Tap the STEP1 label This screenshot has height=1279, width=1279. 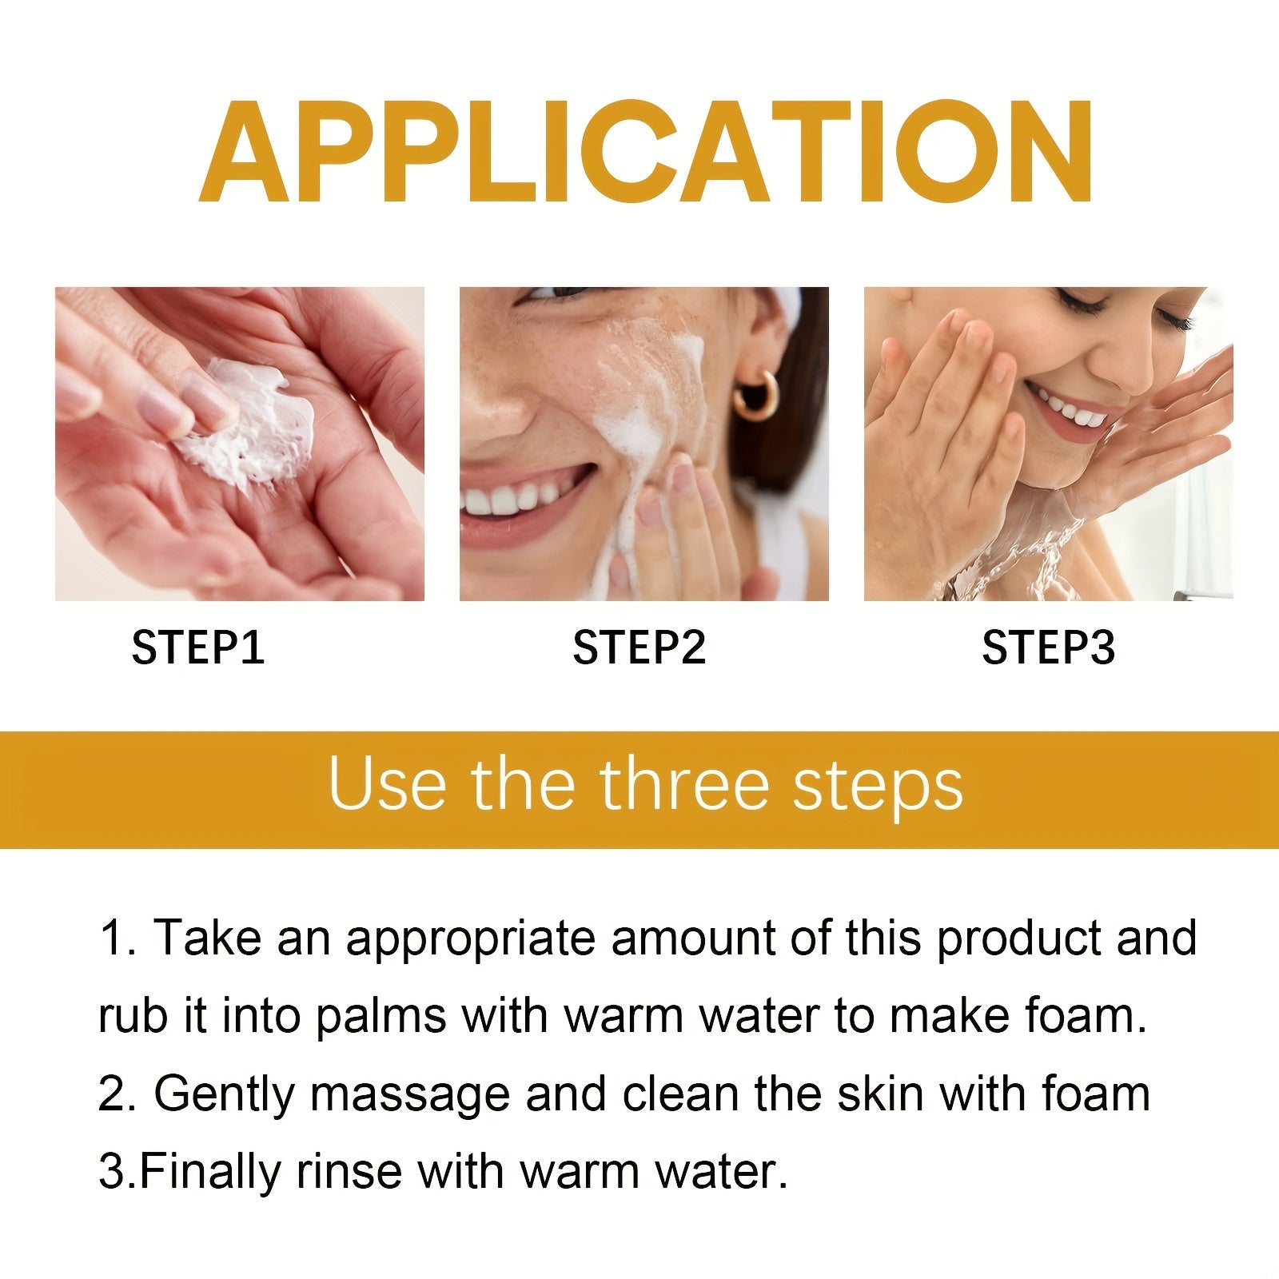197,647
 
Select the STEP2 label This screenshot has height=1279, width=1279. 639,647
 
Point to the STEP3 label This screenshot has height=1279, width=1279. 1048,647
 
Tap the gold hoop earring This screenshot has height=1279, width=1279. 755,396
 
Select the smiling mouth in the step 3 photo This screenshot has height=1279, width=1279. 1067,408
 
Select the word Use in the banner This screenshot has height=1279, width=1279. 386,785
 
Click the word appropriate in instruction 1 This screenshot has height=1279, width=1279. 470,940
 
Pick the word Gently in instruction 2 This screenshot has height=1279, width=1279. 224,1095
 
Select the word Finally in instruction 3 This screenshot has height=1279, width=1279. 210,1172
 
